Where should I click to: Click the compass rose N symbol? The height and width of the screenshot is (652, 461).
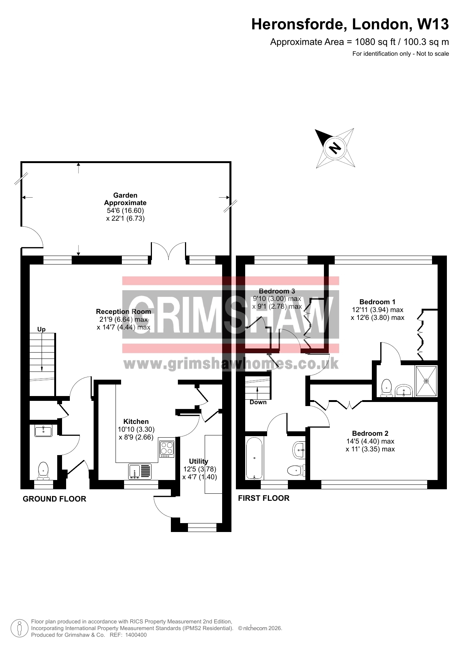click(x=335, y=148)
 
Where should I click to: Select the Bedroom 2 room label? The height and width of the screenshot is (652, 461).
click(x=370, y=434)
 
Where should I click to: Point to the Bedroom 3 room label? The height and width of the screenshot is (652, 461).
click(x=277, y=291)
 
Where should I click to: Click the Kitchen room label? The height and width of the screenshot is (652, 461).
click(x=136, y=422)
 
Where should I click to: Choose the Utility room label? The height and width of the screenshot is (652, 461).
click(x=199, y=461)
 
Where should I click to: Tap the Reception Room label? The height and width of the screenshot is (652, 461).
click(x=123, y=312)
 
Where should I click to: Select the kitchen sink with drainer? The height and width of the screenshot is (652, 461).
click(x=140, y=471)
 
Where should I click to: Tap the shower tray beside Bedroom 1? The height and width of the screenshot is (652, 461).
click(x=426, y=381)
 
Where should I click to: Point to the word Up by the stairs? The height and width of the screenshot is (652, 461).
click(x=41, y=330)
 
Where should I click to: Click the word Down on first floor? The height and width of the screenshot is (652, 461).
click(x=258, y=402)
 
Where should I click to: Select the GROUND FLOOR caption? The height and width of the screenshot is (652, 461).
click(x=55, y=499)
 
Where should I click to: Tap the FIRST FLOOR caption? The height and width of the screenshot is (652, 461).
click(x=264, y=498)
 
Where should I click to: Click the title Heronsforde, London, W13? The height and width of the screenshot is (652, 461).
click(x=350, y=25)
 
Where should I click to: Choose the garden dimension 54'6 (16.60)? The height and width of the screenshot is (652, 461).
click(x=125, y=211)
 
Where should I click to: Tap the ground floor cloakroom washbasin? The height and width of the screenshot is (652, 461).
click(x=43, y=431)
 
